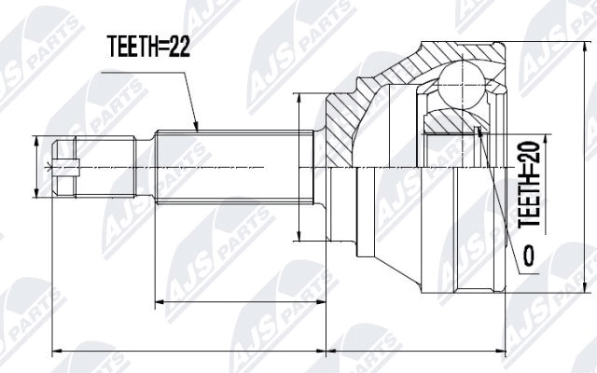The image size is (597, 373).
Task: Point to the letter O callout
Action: tap(529, 253)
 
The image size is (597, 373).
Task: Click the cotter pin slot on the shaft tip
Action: tap(64, 168)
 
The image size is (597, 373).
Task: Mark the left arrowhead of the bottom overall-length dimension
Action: tap(53, 351)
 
